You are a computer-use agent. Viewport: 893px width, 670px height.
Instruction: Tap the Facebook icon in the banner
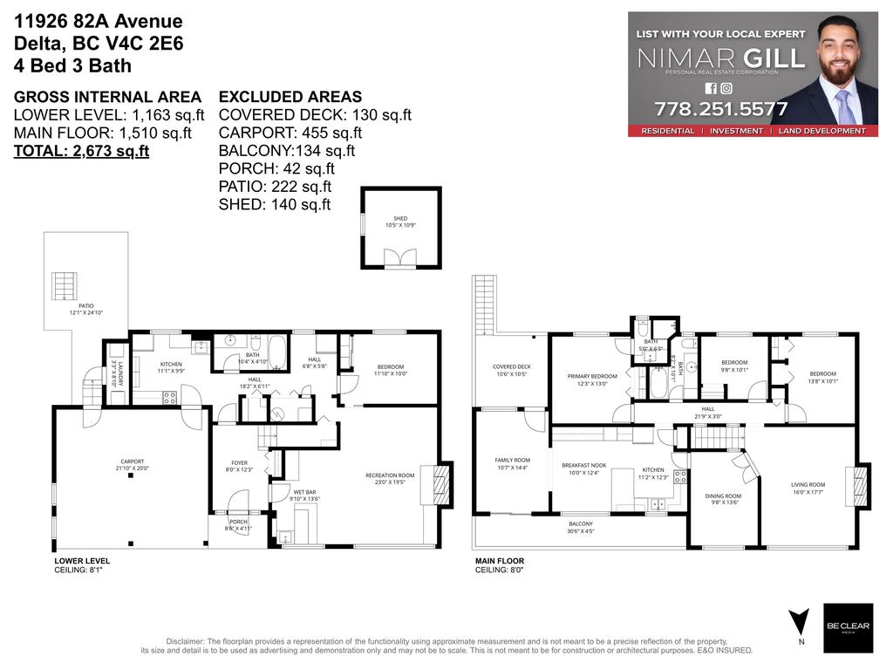click(710, 88)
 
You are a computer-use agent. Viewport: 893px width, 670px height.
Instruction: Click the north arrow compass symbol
click(795, 623)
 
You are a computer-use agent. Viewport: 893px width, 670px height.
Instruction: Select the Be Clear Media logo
click(848, 627)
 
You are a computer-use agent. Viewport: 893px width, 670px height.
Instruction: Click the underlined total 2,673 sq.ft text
click(81, 151)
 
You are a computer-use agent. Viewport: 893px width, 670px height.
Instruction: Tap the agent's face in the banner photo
click(838, 62)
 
